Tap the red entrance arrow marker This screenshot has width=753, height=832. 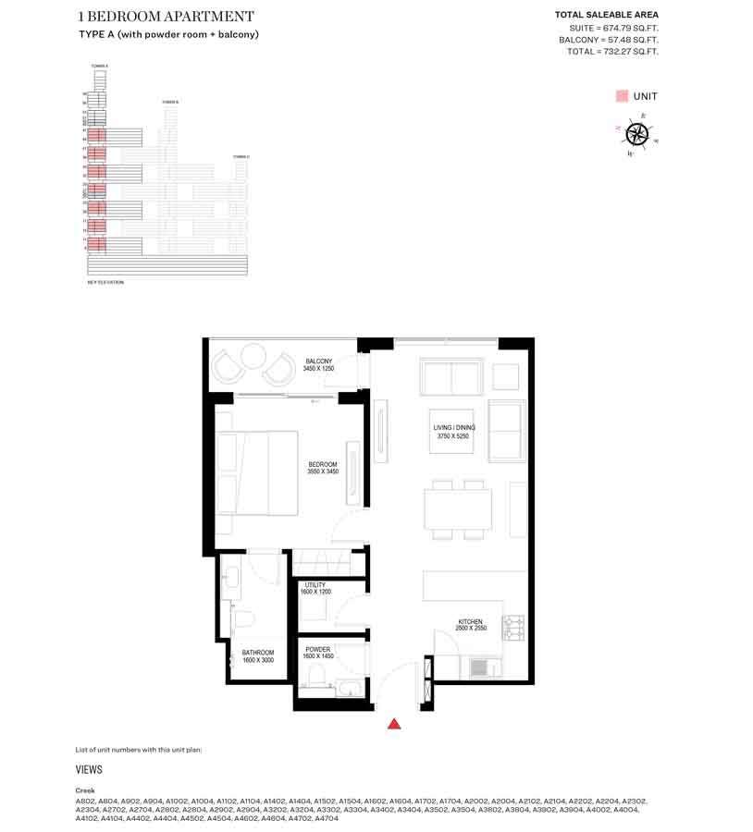(x=394, y=724)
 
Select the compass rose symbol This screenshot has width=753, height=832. (x=636, y=133)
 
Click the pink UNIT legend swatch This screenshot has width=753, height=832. (x=622, y=96)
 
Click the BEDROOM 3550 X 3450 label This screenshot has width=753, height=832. (x=322, y=468)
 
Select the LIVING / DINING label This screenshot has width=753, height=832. (x=453, y=432)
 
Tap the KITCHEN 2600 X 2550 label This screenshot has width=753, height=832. (x=470, y=625)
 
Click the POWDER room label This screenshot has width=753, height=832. (x=317, y=653)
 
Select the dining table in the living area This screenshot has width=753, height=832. (x=459, y=508)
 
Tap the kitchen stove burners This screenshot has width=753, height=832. (x=513, y=629)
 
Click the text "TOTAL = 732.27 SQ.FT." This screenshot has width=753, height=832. (x=612, y=52)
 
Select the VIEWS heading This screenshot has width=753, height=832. (x=89, y=769)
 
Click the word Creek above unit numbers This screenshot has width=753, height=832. (x=85, y=790)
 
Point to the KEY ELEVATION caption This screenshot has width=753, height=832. (x=105, y=282)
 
